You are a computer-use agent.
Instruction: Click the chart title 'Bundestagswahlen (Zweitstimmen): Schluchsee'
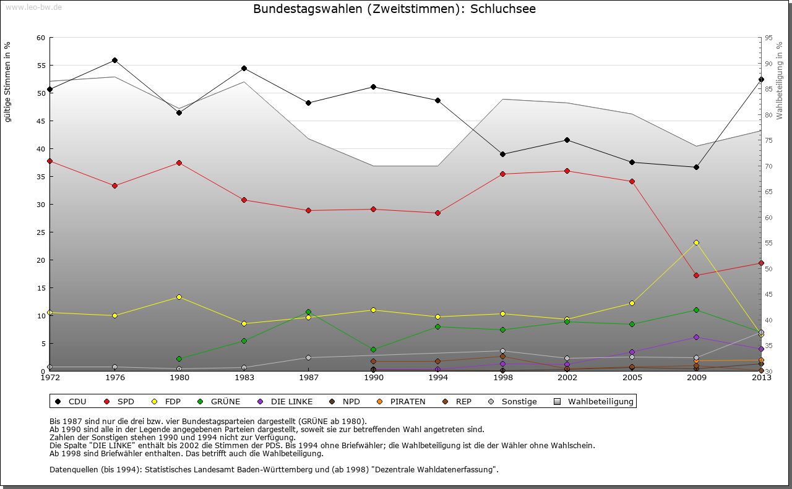pyautogui.click(x=394, y=9)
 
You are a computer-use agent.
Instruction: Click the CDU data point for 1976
pyautogui.click(x=114, y=60)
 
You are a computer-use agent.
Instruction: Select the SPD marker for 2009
pyautogui.click(x=696, y=275)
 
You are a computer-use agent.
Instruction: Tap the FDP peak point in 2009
pyautogui.click(x=696, y=242)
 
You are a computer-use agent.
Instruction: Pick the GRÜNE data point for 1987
pyautogui.click(x=308, y=312)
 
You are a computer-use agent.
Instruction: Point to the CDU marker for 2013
pyautogui.click(x=761, y=79)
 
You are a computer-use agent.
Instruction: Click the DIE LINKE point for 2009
pyautogui.click(x=696, y=337)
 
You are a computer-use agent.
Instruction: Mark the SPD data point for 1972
pyautogui.click(x=50, y=161)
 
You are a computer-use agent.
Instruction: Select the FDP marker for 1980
pyautogui.click(x=179, y=297)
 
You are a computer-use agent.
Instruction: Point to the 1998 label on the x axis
pyautogui.click(x=502, y=378)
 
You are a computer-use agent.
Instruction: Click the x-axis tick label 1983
pyautogui.click(x=244, y=378)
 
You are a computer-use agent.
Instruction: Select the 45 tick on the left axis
pyautogui.click(x=41, y=121)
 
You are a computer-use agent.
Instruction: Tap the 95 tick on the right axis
pyautogui.click(x=768, y=38)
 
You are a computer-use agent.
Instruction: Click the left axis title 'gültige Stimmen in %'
pyautogui.click(x=7, y=82)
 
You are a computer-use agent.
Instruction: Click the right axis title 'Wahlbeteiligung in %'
pyautogui.click(x=780, y=80)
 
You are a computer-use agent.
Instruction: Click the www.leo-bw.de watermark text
pyautogui.click(x=33, y=7)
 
